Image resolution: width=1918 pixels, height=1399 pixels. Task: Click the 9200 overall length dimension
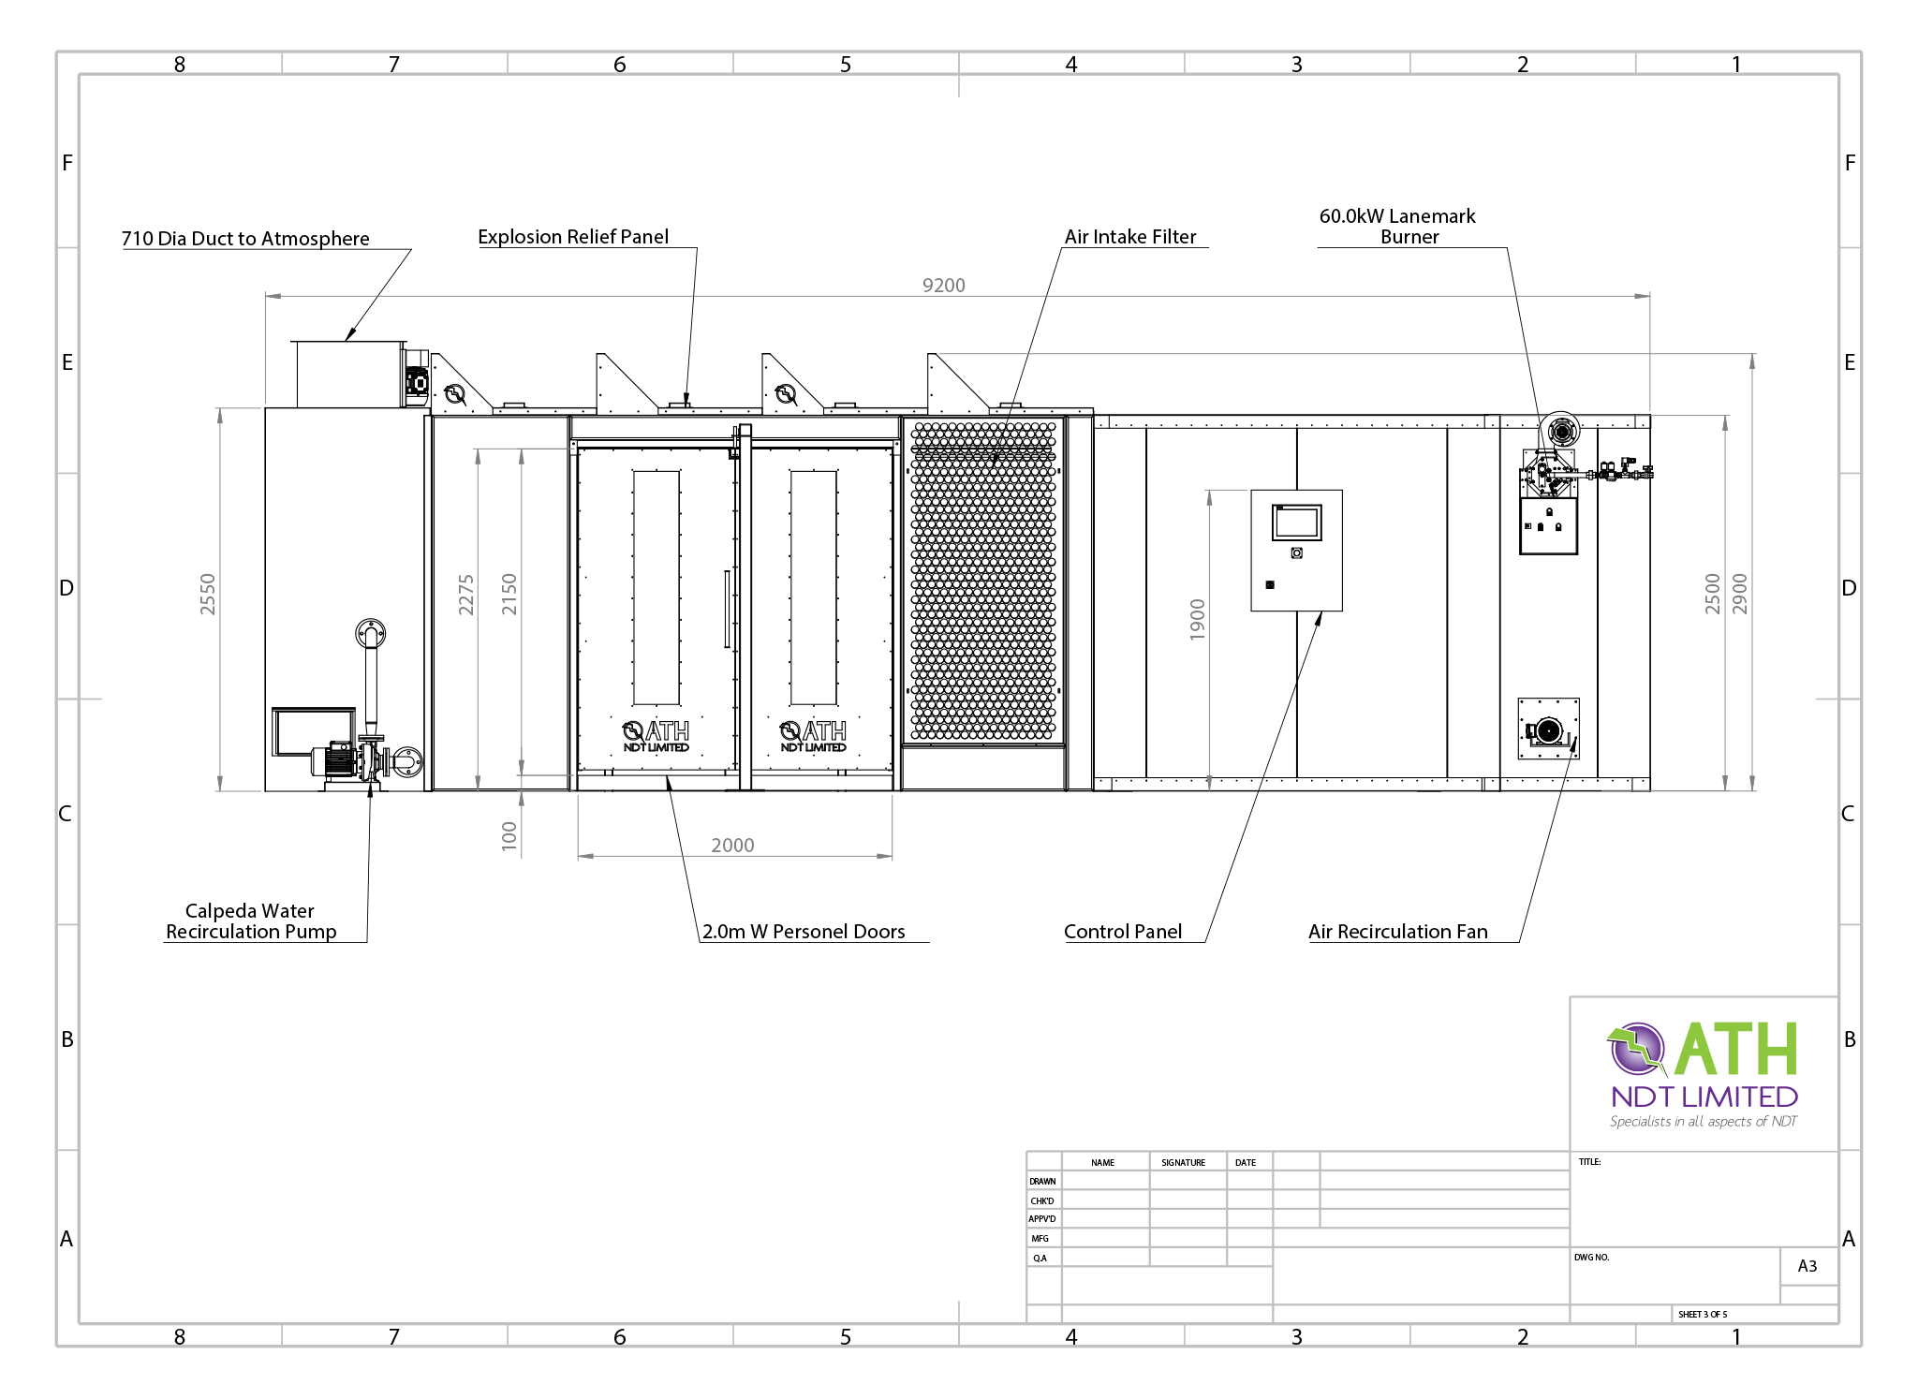coord(943,285)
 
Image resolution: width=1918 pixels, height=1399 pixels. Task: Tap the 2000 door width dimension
coord(732,845)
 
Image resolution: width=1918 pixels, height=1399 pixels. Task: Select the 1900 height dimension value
coord(1197,619)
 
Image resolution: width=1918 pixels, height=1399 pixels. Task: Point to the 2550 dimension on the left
coord(207,594)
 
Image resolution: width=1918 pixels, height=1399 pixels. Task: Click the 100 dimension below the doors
coord(509,834)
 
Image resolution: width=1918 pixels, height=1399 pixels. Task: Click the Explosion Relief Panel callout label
coord(573,237)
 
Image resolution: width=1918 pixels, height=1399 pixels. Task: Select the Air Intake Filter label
coord(1130,237)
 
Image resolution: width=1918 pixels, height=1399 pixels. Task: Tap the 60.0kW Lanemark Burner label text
coord(1397,226)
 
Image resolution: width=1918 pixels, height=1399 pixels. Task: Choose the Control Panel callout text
coord(1123,931)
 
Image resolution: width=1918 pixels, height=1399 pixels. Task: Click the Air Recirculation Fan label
coord(1397,931)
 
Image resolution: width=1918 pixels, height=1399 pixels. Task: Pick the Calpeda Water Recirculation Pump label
coord(250,920)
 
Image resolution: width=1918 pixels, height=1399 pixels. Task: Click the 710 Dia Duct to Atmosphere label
coord(245,239)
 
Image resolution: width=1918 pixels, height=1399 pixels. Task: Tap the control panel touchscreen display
coord(1296,523)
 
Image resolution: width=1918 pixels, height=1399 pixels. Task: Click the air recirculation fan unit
coord(1548,729)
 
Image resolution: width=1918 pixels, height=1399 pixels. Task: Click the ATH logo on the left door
coord(656,735)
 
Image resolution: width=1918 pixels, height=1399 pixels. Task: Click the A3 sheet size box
coord(1807,1266)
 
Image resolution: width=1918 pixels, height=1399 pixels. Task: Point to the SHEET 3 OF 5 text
coord(1703,1314)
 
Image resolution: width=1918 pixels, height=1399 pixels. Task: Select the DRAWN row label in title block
coord(1042,1181)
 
